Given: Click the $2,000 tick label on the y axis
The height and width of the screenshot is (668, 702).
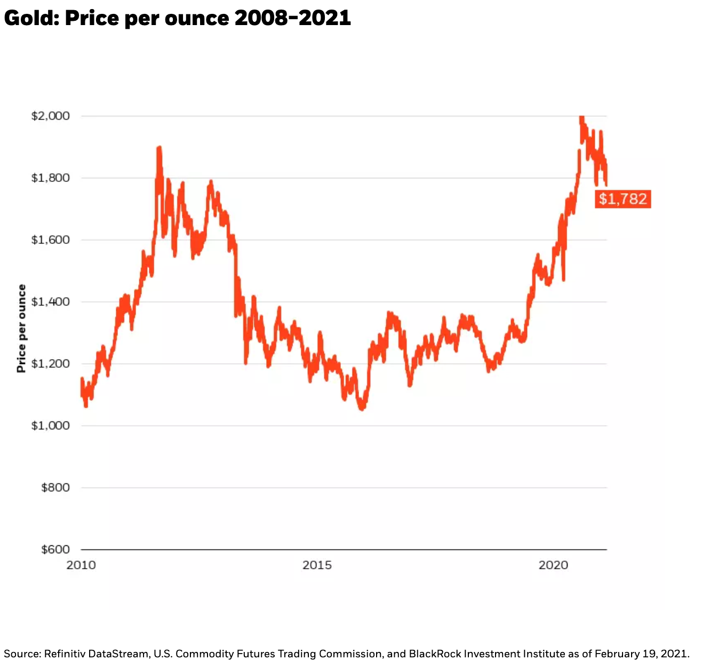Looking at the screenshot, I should coord(50,116).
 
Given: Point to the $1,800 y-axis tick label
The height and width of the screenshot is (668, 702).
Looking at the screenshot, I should coord(50,178).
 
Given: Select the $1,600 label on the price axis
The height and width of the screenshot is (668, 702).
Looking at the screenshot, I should coord(50,240).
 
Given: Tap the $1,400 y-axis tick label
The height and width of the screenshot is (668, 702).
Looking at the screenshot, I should coord(50,301).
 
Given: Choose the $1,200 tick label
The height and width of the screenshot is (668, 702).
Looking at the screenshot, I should coord(50,363).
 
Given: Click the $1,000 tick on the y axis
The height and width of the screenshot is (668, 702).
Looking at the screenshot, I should coord(50,425).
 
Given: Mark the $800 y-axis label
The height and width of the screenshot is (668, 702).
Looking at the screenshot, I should coord(55,487).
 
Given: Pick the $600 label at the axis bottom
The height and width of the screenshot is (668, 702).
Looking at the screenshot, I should coord(55,549).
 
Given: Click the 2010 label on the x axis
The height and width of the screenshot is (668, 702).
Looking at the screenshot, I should coord(81,565).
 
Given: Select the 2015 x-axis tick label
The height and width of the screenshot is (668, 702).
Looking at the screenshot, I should coord(317,565).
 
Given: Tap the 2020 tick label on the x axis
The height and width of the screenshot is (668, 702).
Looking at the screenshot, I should coord(553,565).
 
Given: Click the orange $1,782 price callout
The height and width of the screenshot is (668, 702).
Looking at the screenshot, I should coord(623,199).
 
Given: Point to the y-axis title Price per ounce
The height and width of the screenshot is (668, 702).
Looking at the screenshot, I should coord(21,328).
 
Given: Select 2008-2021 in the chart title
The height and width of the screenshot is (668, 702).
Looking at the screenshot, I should coord(292,18).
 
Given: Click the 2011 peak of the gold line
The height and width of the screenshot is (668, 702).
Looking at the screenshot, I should coord(159,148).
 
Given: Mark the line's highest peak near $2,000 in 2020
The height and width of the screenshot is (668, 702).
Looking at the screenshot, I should coord(581,117).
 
